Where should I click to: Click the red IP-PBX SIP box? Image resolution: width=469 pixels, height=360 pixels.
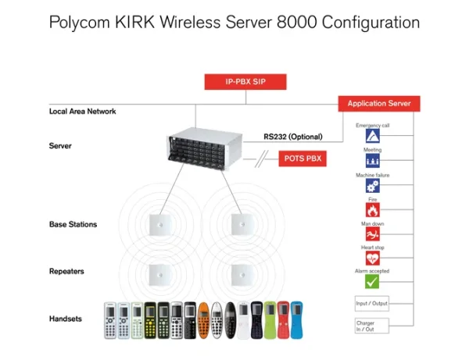click(x=245, y=81)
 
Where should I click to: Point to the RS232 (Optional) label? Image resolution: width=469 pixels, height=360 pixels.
click(x=293, y=137)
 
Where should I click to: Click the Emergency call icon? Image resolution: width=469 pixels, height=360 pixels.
click(x=372, y=135)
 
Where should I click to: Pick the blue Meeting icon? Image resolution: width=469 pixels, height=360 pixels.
click(x=372, y=160)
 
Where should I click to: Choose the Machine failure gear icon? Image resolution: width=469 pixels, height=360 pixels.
click(x=372, y=186)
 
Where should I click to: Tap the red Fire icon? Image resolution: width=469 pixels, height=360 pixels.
click(x=372, y=209)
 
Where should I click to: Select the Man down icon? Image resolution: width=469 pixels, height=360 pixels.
click(x=372, y=233)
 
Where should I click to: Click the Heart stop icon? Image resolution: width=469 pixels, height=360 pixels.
click(x=372, y=257)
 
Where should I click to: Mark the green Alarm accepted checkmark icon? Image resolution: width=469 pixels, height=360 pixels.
click(x=372, y=281)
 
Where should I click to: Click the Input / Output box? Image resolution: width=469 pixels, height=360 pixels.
click(x=371, y=304)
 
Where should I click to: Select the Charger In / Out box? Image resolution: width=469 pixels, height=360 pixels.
click(x=371, y=326)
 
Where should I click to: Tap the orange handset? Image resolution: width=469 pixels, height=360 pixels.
click(x=202, y=319)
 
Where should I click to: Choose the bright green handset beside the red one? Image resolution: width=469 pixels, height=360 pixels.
click(x=270, y=320)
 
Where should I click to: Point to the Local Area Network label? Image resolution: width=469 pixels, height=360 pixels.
click(x=82, y=112)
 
